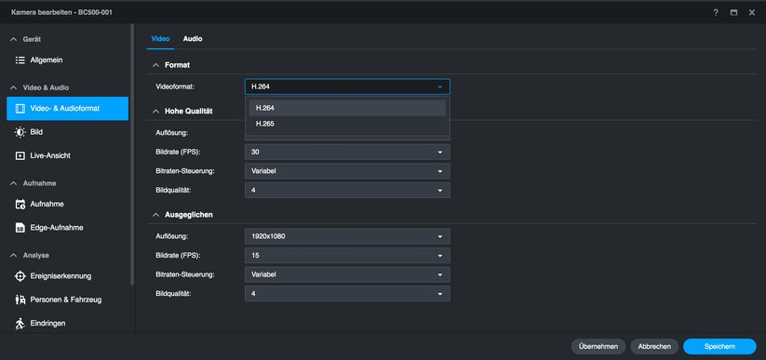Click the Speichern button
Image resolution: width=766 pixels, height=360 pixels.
point(719,346)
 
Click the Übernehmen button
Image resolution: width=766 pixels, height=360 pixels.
point(598,346)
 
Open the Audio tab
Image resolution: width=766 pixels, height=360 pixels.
point(193,39)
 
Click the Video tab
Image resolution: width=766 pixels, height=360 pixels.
point(160,39)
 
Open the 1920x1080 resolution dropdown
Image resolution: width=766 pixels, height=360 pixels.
point(347,236)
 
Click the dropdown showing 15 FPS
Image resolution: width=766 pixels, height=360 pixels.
point(347,255)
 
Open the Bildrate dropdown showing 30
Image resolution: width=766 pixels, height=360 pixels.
point(347,152)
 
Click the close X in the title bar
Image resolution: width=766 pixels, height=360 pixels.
point(751,12)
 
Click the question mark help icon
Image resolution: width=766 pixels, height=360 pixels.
point(716,12)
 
